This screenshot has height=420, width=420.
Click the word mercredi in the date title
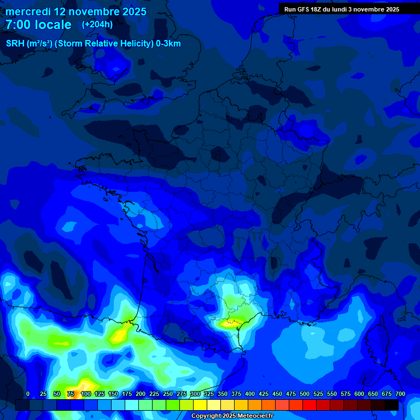(x=29, y=11)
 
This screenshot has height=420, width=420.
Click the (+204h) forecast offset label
(x=97, y=24)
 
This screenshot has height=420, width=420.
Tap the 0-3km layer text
(x=168, y=44)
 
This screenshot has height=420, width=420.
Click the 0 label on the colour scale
(x=28, y=394)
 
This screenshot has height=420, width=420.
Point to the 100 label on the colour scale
(x=85, y=394)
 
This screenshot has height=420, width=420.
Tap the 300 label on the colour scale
(x=195, y=394)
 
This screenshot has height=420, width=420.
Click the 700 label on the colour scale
(x=400, y=394)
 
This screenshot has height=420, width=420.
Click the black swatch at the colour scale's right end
(x=392, y=405)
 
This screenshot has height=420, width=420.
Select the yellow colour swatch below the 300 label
(x=200, y=405)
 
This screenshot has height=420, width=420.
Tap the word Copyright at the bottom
(x=206, y=416)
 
